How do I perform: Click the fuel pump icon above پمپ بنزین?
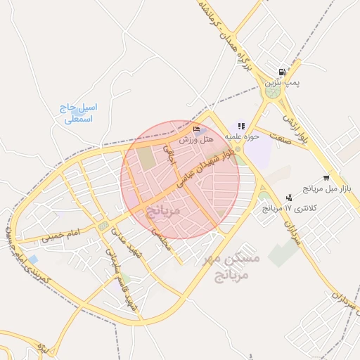[x=282, y=72]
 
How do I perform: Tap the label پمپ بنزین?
[x=282, y=83]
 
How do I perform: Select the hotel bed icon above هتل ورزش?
[x=196, y=129]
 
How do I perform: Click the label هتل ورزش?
[x=196, y=140]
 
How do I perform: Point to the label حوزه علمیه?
[x=243, y=134]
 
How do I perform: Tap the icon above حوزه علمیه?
[x=242, y=124]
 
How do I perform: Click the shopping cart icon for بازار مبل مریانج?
[x=326, y=178]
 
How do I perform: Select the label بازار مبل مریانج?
[x=326, y=189]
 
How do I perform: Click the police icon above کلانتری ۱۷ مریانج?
[x=289, y=198]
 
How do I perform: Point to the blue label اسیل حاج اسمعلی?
[x=79, y=114]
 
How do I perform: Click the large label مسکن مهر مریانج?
[x=231, y=265]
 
